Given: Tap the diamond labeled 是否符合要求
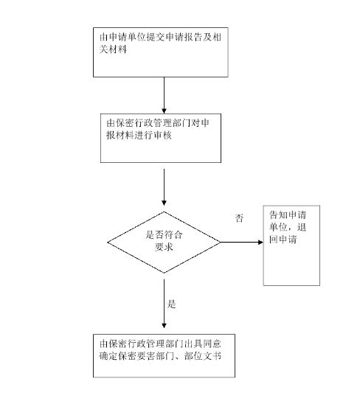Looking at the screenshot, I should coord(164,241).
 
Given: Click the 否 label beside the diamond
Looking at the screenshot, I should coord(238,218).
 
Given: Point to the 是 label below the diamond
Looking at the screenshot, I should coord(172,303).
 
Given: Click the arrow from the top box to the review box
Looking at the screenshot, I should coord(163,94).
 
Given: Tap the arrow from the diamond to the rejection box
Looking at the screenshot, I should coord(241,242).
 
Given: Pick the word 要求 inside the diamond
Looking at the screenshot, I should coord(164,248).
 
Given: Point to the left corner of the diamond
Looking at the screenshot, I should coord(109,241).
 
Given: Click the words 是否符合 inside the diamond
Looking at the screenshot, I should coord(164,235).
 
